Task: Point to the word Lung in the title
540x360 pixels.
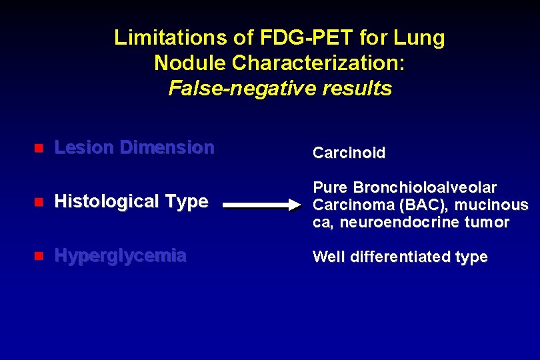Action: pos(421,38)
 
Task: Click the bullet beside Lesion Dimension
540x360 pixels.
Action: pos(39,148)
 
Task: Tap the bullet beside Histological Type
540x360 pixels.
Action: pos(39,201)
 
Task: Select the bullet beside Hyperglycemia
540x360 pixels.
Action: pos(39,256)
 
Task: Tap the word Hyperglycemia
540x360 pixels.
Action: pos(120,256)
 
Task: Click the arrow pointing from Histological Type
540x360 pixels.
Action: pos(261,205)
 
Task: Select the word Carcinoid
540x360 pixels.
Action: pos(349,153)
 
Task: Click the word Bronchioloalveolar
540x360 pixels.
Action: pos(425,188)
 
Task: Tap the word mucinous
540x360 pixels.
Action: pos(492,205)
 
